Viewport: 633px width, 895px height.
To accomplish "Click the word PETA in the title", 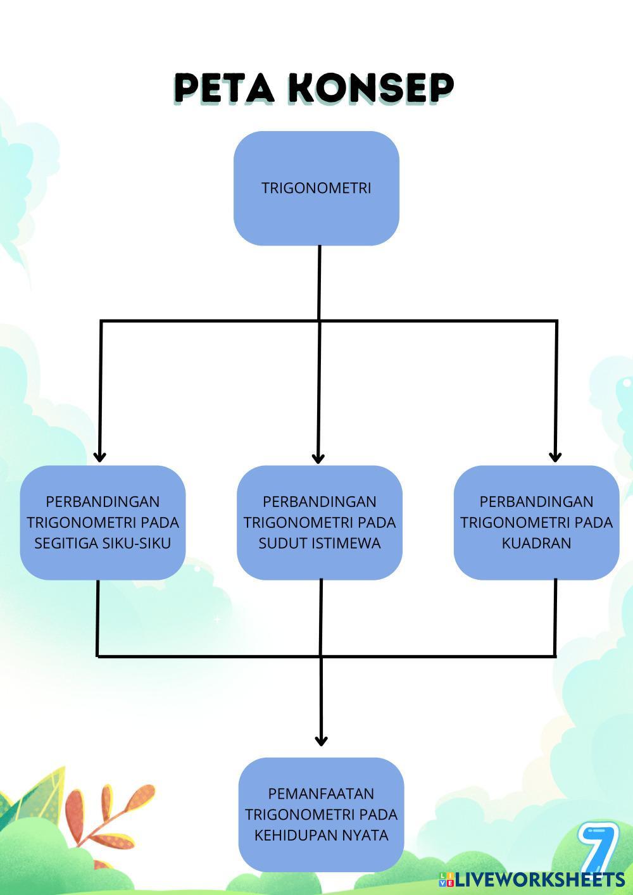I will (224, 88).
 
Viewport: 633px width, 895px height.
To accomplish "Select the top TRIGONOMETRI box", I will (316, 188).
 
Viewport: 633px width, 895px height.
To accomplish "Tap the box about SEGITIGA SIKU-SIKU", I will (103, 523).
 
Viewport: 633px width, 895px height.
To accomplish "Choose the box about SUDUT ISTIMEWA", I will (320, 523).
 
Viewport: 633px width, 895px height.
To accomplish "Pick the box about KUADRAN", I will (536, 523).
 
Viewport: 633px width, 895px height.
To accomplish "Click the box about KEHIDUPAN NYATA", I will (321, 815).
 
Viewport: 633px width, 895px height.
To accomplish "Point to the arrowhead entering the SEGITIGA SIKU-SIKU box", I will (99, 456).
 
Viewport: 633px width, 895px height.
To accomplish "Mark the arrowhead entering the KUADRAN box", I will (555, 456).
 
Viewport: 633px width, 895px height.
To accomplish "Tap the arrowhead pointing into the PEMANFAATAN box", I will (321, 739).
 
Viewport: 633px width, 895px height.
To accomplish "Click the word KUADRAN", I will (536, 544).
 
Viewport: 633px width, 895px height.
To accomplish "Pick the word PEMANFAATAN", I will (321, 794).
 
